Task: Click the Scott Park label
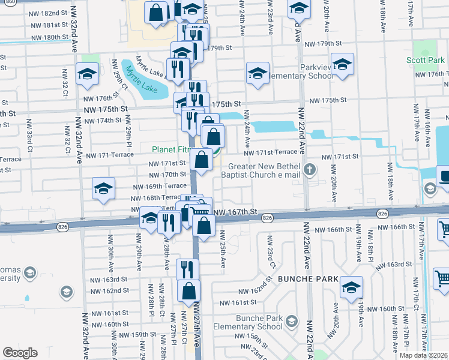pos(425,61)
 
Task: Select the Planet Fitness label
pos(171,149)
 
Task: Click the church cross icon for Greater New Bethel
pos(310,169)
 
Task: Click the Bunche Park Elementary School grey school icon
pos(291,322)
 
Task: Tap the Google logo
pos(20,353)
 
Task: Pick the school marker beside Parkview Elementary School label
pos(342,65)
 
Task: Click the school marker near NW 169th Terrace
pos(103,189)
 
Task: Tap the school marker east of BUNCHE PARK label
pos(351,287)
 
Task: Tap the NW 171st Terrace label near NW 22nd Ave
pos(277,152)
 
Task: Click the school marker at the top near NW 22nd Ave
pos(298,8)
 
